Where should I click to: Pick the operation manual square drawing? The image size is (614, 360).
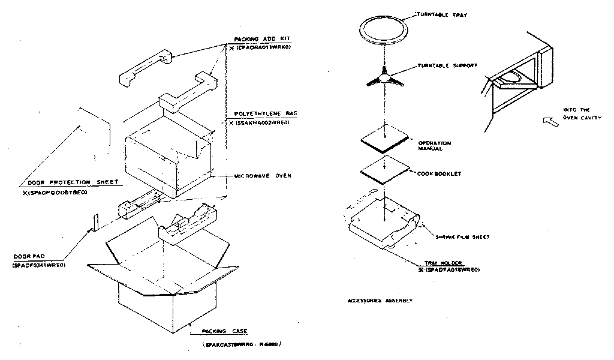(x=385, y=138)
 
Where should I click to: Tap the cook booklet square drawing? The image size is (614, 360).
(x=384, y=171)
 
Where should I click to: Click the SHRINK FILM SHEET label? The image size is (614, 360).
(x=463, y=237)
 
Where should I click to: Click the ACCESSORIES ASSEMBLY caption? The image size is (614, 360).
(x=380, y=300)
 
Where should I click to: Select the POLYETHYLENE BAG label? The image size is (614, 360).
(x=259, y=113)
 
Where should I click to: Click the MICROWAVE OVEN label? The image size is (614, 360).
(x=262, y=176)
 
